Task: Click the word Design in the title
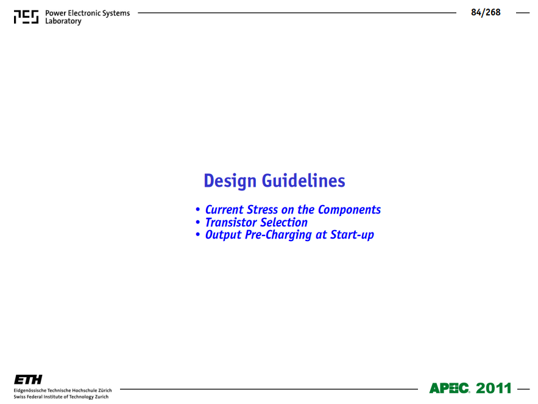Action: [230, 181]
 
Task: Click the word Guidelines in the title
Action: [303, 181]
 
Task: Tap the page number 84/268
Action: [486, 12]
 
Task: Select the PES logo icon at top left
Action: [26, 17]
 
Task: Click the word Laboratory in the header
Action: [63, 21]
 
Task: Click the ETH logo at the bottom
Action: [28, 380]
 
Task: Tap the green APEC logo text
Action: [449, 388]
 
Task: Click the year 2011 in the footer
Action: [494, 388]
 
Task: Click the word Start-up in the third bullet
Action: [352, 235]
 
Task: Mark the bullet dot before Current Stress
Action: [197, 209]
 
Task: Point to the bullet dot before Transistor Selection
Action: [197, 222]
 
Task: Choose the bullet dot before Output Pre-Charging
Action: [197, 234]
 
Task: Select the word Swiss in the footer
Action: [19, 397]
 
